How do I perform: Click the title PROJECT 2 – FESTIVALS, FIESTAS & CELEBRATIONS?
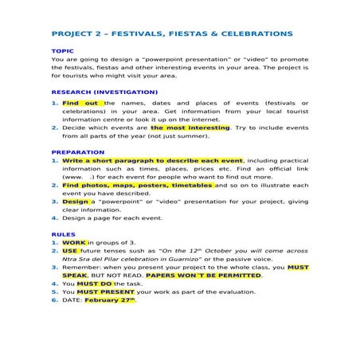(170, 34)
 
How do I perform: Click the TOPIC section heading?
(63, 51)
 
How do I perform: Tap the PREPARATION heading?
(77, 152)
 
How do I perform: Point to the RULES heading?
(63, 235)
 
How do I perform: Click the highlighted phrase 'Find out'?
(80, 103)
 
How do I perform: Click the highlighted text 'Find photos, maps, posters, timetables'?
(138, 185)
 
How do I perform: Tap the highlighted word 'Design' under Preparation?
(75, 202)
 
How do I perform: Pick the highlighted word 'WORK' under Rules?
(74, 242)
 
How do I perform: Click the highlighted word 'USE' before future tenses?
(70, 250)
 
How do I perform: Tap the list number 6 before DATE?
(54, 300)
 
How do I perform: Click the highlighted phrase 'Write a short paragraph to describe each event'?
(153, 160)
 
